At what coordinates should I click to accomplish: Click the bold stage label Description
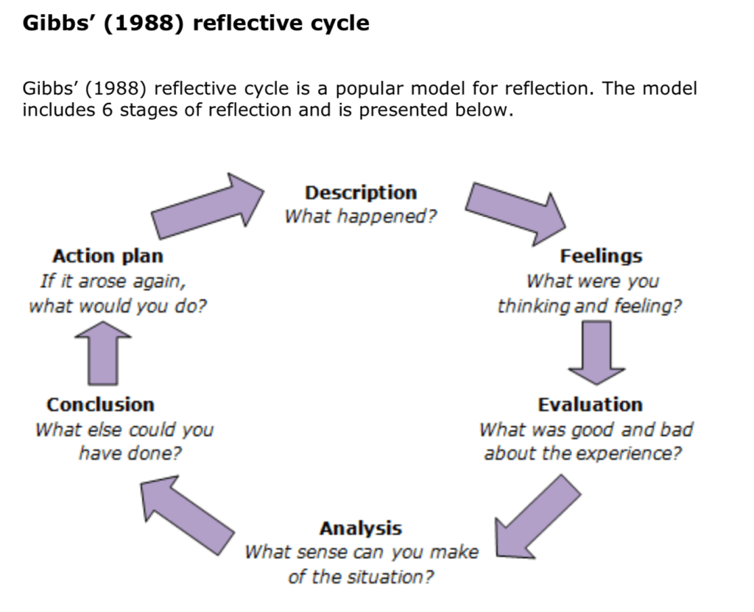point(361,193)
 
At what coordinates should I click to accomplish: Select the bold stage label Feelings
point(601,256)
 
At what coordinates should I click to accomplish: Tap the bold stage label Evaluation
point(590,405)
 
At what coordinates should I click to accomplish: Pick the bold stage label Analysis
point(361,528)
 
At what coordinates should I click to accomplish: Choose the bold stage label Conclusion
point(100,405)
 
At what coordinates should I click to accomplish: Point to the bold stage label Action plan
point(108,256)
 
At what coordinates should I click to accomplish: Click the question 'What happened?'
point(361,217)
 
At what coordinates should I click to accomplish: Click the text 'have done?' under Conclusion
point(130,453)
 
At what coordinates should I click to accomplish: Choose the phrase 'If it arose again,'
point(113,281)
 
